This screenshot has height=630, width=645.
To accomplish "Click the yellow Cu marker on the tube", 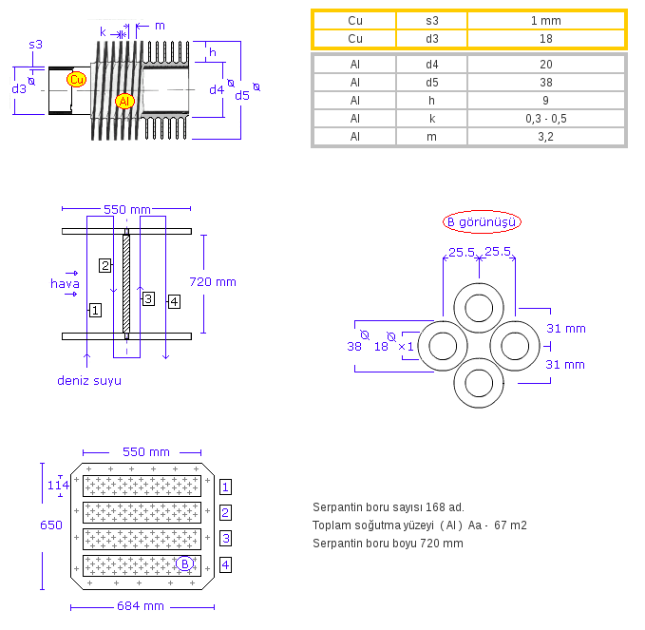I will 76,80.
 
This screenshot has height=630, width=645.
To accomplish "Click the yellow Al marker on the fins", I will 124,101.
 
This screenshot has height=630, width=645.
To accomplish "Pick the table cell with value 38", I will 545,82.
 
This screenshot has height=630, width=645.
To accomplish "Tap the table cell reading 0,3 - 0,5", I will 545,118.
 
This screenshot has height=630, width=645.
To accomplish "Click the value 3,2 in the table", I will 545,136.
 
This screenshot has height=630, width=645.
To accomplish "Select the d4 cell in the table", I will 431,64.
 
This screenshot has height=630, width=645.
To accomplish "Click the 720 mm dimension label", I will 213,281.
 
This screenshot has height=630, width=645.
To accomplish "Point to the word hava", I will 65,282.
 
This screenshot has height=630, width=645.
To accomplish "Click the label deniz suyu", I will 89,380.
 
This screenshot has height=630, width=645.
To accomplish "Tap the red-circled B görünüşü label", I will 482,222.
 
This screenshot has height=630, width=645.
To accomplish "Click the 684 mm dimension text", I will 142,605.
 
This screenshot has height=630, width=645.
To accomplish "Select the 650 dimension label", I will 51,525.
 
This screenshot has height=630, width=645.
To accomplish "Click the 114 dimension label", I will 59,486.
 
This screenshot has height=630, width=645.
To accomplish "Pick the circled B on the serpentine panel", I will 184,563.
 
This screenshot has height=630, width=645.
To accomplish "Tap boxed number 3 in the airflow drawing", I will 147,298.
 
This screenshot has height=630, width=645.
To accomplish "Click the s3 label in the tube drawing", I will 35,44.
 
